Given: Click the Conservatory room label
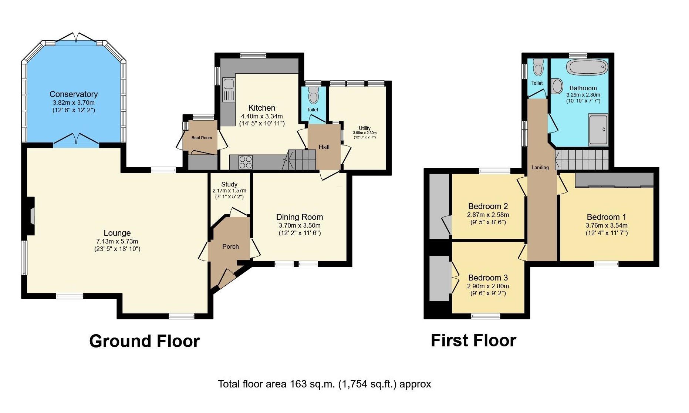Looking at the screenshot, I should click(74, 94).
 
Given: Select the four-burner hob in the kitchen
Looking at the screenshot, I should click(245, 162).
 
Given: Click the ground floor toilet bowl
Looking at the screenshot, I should click(314, 96).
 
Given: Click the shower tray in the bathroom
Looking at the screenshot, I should click(598, 130).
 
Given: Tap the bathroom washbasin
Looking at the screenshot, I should click(557, 86).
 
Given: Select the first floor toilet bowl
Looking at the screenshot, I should click(538, 68).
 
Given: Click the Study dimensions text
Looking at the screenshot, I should click(229, 194).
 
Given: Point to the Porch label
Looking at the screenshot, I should click(230, 246).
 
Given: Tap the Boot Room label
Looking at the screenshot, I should click(202, 138).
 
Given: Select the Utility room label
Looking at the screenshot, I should click(365, 128).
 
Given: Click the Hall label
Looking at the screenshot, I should click(324, 147).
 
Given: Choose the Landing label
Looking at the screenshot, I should click(540, 167).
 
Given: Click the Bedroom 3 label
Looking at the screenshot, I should click(488, 278).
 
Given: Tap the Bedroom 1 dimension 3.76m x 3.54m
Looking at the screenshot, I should click(607, 225).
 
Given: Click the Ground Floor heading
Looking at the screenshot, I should click(144, 341).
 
